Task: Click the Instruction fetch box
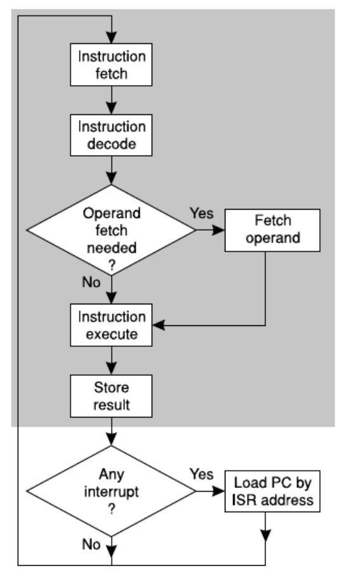(111, 64)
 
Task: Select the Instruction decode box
(111, 135)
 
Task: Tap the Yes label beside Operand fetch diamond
(201, 213)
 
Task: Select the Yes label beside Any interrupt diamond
(201, 475)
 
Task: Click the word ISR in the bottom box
(248, 499)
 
